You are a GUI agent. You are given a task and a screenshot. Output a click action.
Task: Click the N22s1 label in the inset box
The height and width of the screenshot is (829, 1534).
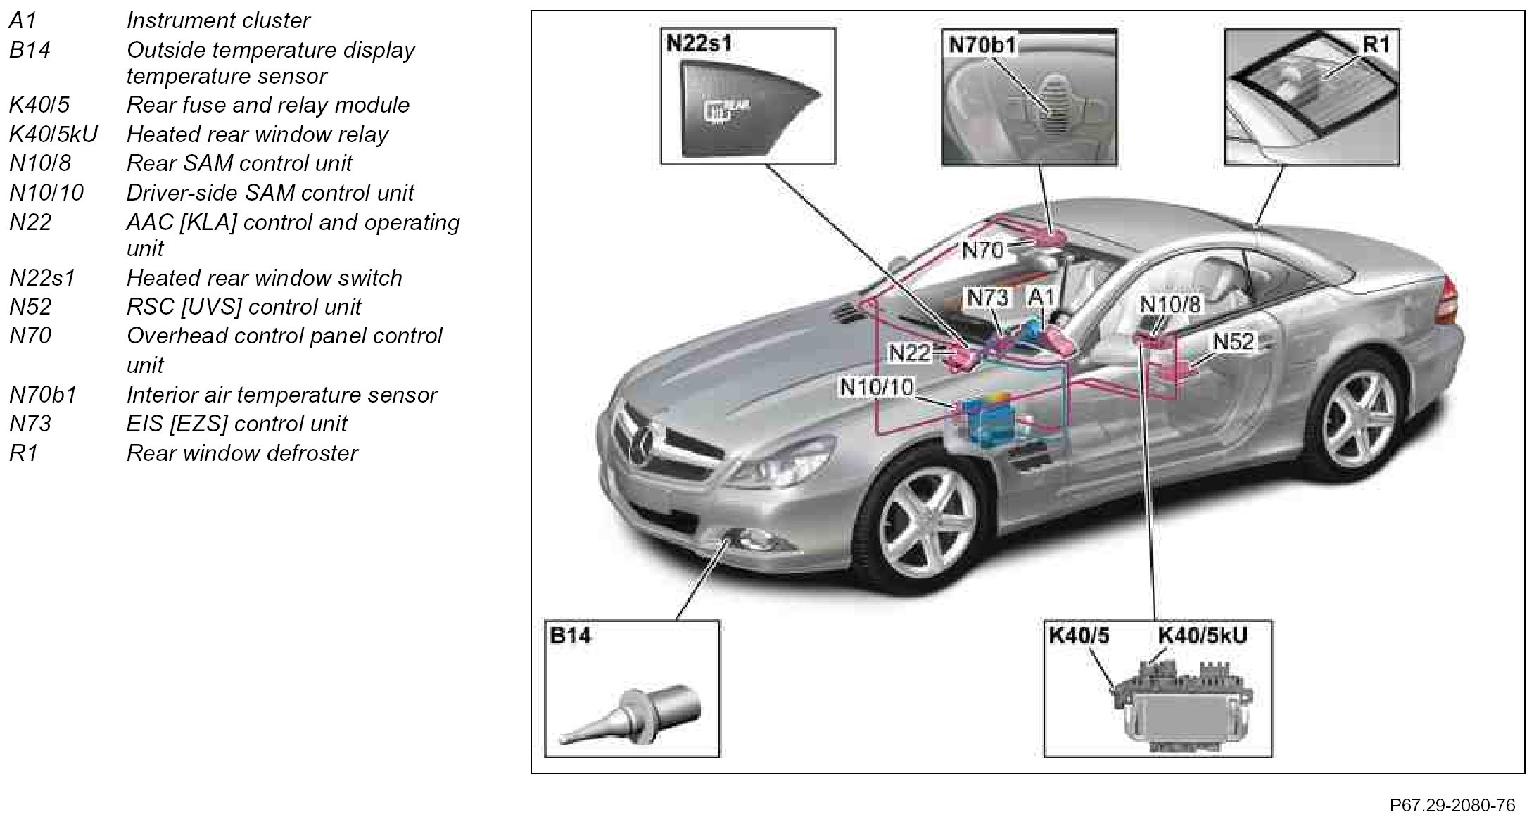point(699,44)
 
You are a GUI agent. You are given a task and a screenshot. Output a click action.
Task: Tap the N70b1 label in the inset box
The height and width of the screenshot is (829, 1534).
point(982,45)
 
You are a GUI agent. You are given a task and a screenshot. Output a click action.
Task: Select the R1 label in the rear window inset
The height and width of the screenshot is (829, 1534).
point(1376,45)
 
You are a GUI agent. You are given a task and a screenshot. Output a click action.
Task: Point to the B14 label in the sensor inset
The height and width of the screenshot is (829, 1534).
point(570,636)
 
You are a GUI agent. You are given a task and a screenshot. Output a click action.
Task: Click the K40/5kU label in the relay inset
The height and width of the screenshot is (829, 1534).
point(1202,636)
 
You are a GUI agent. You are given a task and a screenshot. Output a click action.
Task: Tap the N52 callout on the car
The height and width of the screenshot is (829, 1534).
point(1234,341)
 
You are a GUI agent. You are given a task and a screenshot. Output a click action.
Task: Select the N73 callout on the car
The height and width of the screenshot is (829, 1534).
point(987,298)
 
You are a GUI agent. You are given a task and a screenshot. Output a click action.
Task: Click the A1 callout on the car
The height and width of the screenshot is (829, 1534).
point(1041,298)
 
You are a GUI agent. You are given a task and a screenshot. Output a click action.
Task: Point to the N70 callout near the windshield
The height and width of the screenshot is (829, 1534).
point(982,250)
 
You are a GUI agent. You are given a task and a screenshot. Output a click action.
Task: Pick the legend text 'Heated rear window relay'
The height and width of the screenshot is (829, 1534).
point(257,134)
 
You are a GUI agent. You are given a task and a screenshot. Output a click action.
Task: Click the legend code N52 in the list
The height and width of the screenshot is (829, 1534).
point(30,307)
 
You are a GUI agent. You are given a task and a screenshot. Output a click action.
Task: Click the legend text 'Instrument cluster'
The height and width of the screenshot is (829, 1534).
point(217,20)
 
